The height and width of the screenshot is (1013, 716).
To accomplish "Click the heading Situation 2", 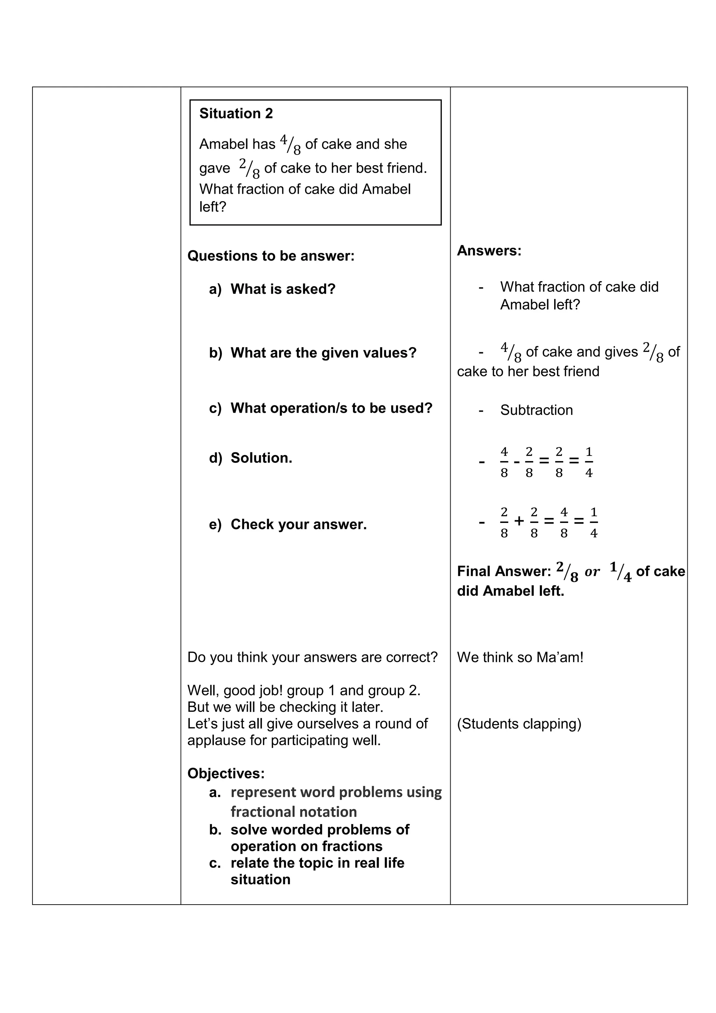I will click(x=236, y=113).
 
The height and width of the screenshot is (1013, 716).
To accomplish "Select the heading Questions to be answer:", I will click(x=271, y=256).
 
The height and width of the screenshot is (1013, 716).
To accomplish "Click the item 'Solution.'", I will click(x=261, y=458).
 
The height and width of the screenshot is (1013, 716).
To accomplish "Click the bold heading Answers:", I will click(x=489, y=250).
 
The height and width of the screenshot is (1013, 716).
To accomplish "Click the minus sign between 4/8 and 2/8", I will click(x=517, y=462).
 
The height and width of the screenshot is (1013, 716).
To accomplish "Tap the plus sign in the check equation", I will click(x=519, y=521).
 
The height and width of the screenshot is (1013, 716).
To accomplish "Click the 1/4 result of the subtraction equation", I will click(x=589, y=462).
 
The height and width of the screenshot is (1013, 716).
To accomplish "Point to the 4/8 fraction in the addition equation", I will click(x=564, y=522).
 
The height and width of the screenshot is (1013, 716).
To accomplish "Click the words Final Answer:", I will click(x=503, y=571).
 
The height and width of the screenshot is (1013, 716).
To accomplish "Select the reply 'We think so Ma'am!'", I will click(x=520, y=657).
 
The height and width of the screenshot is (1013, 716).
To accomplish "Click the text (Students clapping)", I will click(x=519, y=724).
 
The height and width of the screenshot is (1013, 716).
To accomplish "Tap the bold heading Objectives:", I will click(x=226, y=773).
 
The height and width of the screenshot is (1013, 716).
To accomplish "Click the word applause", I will click(x=216, y=741).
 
